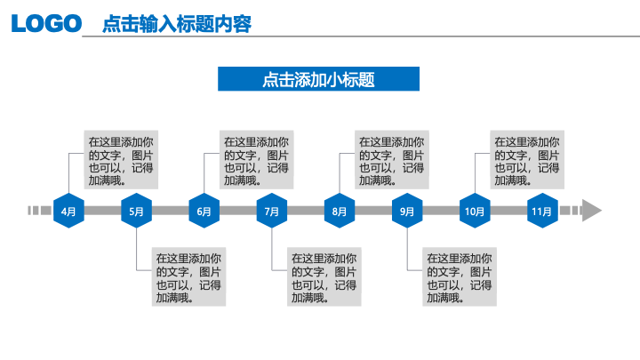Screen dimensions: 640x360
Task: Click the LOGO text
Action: (46, 23)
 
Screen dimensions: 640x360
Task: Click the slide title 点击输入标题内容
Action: (177, 24)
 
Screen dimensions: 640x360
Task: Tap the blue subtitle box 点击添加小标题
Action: (318, 79)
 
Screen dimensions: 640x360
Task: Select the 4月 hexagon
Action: (68, 211)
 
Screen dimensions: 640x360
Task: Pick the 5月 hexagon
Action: (136, 211)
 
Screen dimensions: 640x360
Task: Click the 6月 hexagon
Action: (204, 211)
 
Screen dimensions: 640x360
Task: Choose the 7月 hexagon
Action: (272, 211)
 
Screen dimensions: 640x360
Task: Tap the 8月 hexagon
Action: (340, 211)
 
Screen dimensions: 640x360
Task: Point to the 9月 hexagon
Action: (407, 211)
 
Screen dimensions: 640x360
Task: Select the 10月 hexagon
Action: (475, 211)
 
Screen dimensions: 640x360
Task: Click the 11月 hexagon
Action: (542, 211)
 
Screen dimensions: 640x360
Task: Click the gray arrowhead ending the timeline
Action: (591, 211)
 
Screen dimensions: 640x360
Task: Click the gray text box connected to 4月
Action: (121, 160)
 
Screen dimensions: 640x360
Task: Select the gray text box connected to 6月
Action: (256, 160)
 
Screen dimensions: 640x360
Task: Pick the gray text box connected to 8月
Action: (392, 160)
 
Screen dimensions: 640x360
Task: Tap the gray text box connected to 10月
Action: (527, 160)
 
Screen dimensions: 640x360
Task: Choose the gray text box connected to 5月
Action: (188, 276)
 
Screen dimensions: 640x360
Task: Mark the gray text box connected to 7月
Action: (324, 276)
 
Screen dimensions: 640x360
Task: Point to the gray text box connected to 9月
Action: (460, 276)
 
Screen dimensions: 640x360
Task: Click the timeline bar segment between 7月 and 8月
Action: (306, 211)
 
